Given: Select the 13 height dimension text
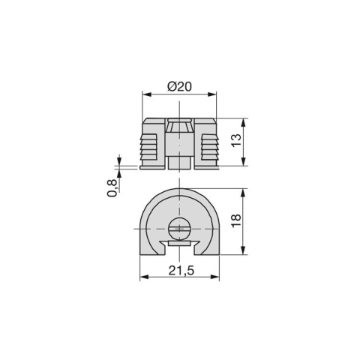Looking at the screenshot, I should (x=237, y=143).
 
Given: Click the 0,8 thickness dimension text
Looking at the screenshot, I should (x=112, y=188).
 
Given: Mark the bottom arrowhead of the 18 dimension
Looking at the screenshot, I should (x=244, y=254).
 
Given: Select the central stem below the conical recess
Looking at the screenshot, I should (x=178, y=159).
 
